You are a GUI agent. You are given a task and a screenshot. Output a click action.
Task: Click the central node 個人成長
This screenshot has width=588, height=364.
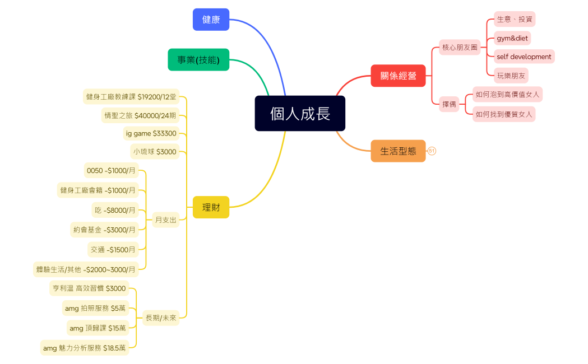300,114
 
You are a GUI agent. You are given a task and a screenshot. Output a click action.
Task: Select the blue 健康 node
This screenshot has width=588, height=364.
211,20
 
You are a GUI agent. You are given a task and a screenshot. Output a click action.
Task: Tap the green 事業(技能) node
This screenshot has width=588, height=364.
198,60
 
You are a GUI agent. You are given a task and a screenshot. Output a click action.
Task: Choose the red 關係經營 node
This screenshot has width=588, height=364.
398,76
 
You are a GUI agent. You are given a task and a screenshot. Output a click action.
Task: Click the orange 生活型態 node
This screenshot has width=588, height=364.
398,151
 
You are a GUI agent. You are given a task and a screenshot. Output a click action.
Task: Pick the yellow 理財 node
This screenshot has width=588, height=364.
211,207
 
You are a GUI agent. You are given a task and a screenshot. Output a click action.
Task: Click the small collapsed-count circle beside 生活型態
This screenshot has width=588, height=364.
432,151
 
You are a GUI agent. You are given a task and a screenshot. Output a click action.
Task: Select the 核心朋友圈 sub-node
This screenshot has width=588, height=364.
460,48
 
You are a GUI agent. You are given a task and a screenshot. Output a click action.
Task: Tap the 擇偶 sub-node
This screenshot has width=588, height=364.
449,104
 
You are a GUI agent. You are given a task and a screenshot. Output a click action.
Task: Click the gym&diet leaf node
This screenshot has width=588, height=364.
512,38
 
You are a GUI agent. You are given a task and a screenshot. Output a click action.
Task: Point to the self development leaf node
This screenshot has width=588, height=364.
524,57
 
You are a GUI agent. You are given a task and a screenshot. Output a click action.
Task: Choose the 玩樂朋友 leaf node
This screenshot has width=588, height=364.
511,75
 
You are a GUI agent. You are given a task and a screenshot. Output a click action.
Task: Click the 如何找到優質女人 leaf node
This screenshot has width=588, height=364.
503,114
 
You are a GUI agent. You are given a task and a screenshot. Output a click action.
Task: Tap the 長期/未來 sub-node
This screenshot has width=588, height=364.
161,318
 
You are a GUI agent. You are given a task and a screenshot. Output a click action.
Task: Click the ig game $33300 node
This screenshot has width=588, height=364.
151,133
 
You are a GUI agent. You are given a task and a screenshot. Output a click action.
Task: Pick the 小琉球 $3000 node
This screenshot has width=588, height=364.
154,152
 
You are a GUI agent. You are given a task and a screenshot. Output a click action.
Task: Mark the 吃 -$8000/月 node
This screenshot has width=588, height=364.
115,210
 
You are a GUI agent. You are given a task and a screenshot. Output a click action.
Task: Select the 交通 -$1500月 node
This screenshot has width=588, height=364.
113,250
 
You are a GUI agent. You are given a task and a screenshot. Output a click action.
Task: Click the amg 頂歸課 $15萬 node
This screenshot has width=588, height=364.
97,328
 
